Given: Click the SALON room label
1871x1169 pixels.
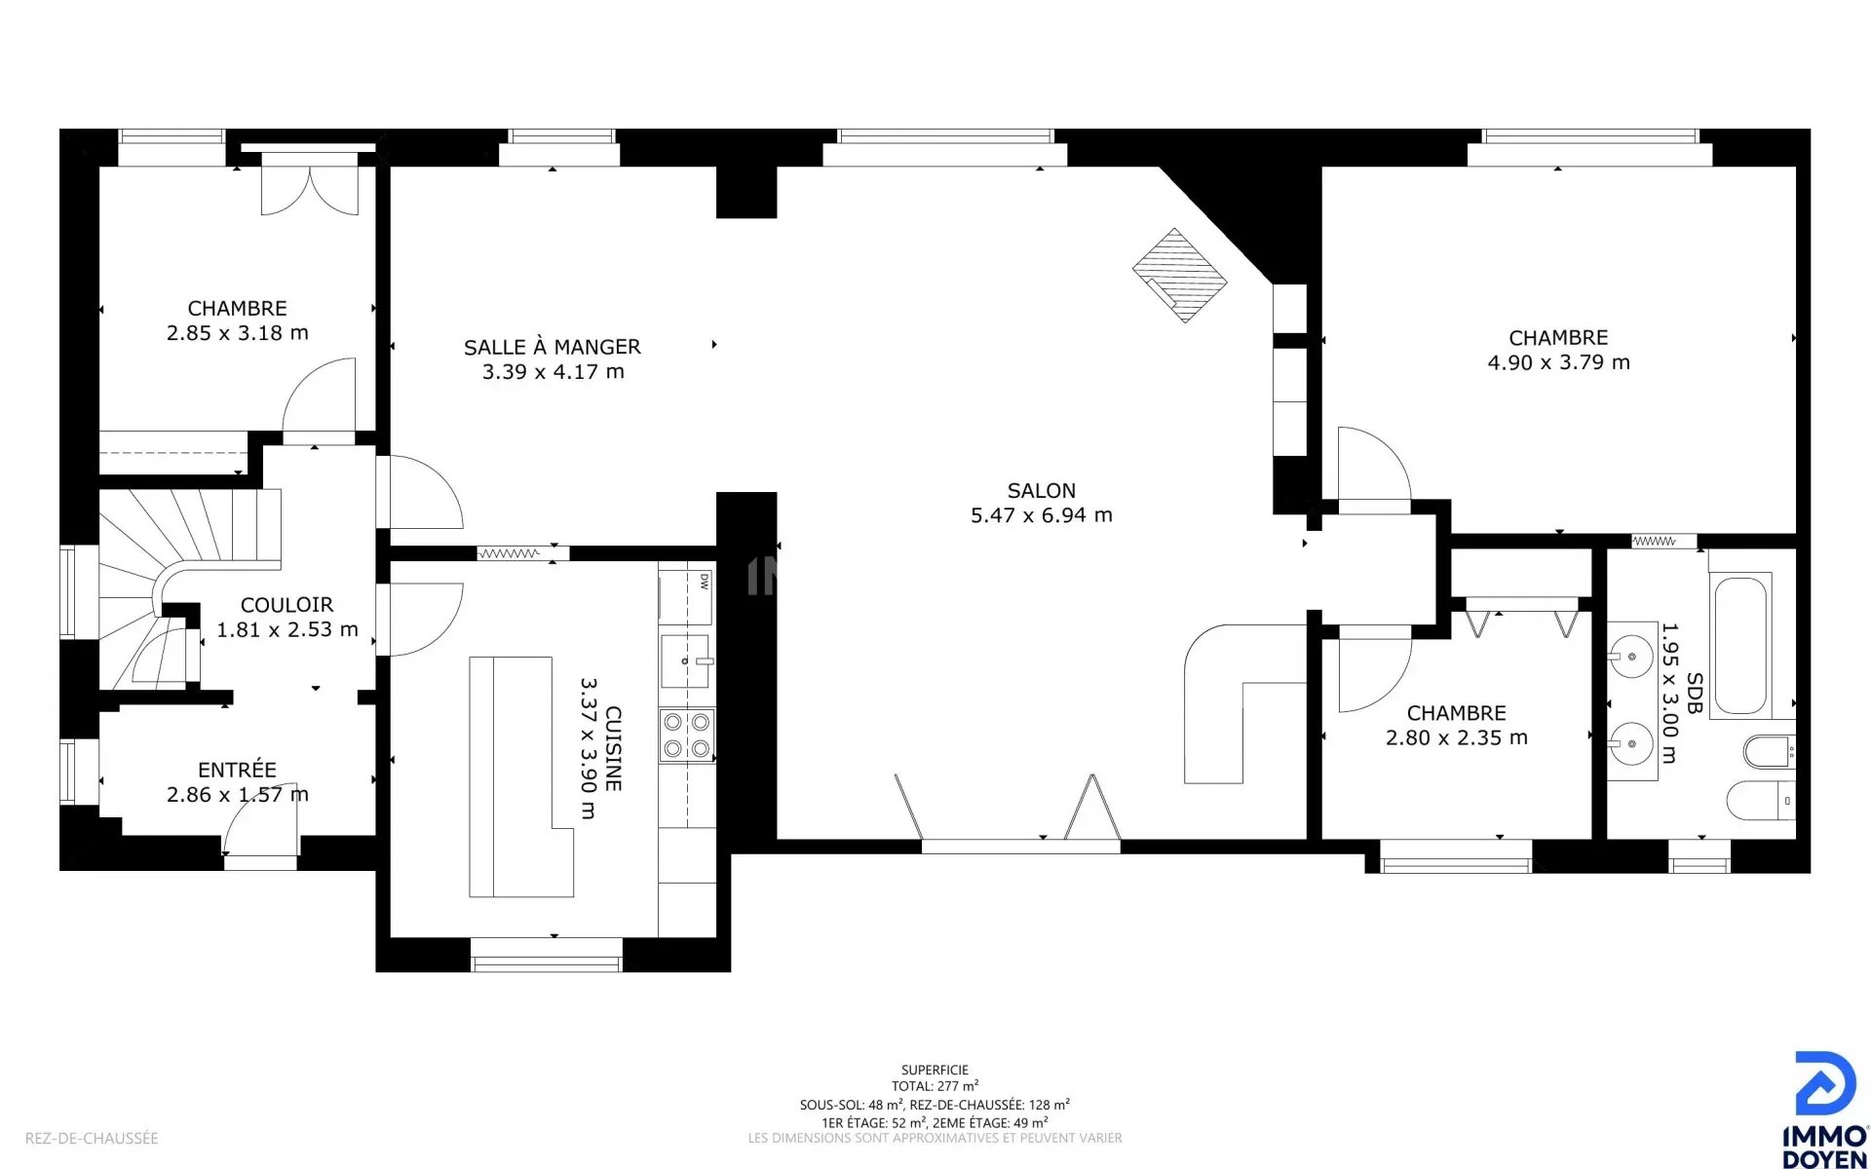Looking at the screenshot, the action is tap(1042, 491).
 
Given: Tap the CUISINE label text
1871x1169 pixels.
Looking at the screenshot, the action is tap(613, 748).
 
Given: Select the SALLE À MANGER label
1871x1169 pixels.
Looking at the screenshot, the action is tap(553, 347).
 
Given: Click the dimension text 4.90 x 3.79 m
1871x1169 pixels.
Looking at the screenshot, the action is tap(1558, 362).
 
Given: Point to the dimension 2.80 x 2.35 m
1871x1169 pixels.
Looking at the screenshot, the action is tap(1457, 738).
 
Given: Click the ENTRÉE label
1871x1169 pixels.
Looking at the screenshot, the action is tap(237, 770).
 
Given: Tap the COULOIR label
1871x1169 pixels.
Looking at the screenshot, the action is tap(286, 605).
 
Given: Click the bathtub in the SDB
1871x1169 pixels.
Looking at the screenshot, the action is tap(1740, 645).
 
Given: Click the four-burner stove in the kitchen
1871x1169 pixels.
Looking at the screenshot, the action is tap(687, 735).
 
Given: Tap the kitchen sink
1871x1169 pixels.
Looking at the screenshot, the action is tap(686, 660).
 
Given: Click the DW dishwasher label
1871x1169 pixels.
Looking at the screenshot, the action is tap(704, 582).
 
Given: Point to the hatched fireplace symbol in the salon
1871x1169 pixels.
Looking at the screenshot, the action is tap(1179, 275).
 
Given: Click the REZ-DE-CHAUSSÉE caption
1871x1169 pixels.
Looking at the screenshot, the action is tap(92, 1138).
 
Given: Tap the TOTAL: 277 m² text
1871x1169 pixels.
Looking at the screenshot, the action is tap(935, 1086).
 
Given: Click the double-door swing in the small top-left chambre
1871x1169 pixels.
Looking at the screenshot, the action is tap(310, 191).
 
